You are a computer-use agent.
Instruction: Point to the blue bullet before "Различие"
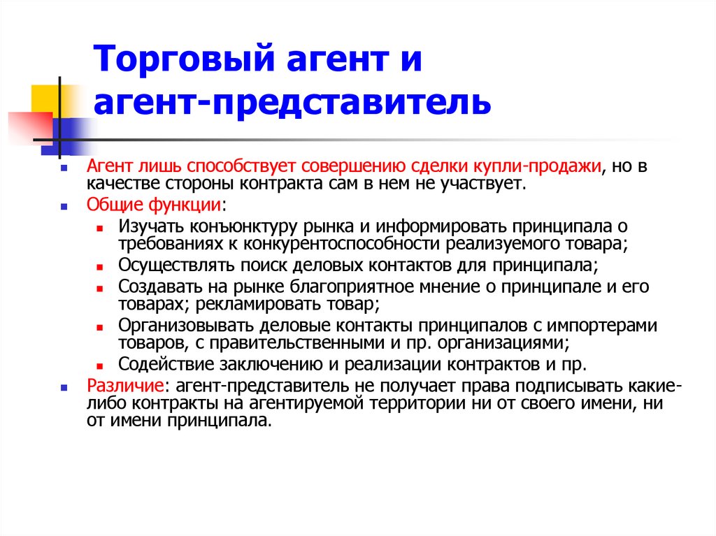[64, 386]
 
